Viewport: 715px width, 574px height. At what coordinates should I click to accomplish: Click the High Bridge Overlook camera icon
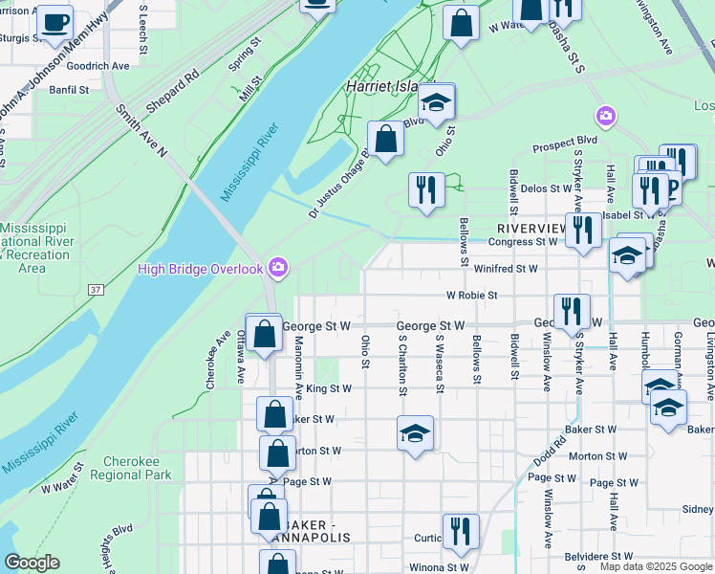click(x=277, y=267)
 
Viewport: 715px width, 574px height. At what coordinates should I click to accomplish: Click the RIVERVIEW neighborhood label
click(x=532, y=229)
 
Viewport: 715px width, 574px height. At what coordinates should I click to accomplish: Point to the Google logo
click(x=32, y=563)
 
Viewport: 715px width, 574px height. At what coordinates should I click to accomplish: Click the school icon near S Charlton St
click(x=416, y=432)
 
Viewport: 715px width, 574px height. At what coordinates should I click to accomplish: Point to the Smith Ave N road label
click(x=141, y=129)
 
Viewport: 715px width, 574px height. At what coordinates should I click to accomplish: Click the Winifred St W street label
click(x=506, y=269)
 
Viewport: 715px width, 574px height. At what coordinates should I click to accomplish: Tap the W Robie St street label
click(x=471, y=296)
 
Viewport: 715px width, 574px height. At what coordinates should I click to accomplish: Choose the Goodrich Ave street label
click(x=97, y=65)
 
